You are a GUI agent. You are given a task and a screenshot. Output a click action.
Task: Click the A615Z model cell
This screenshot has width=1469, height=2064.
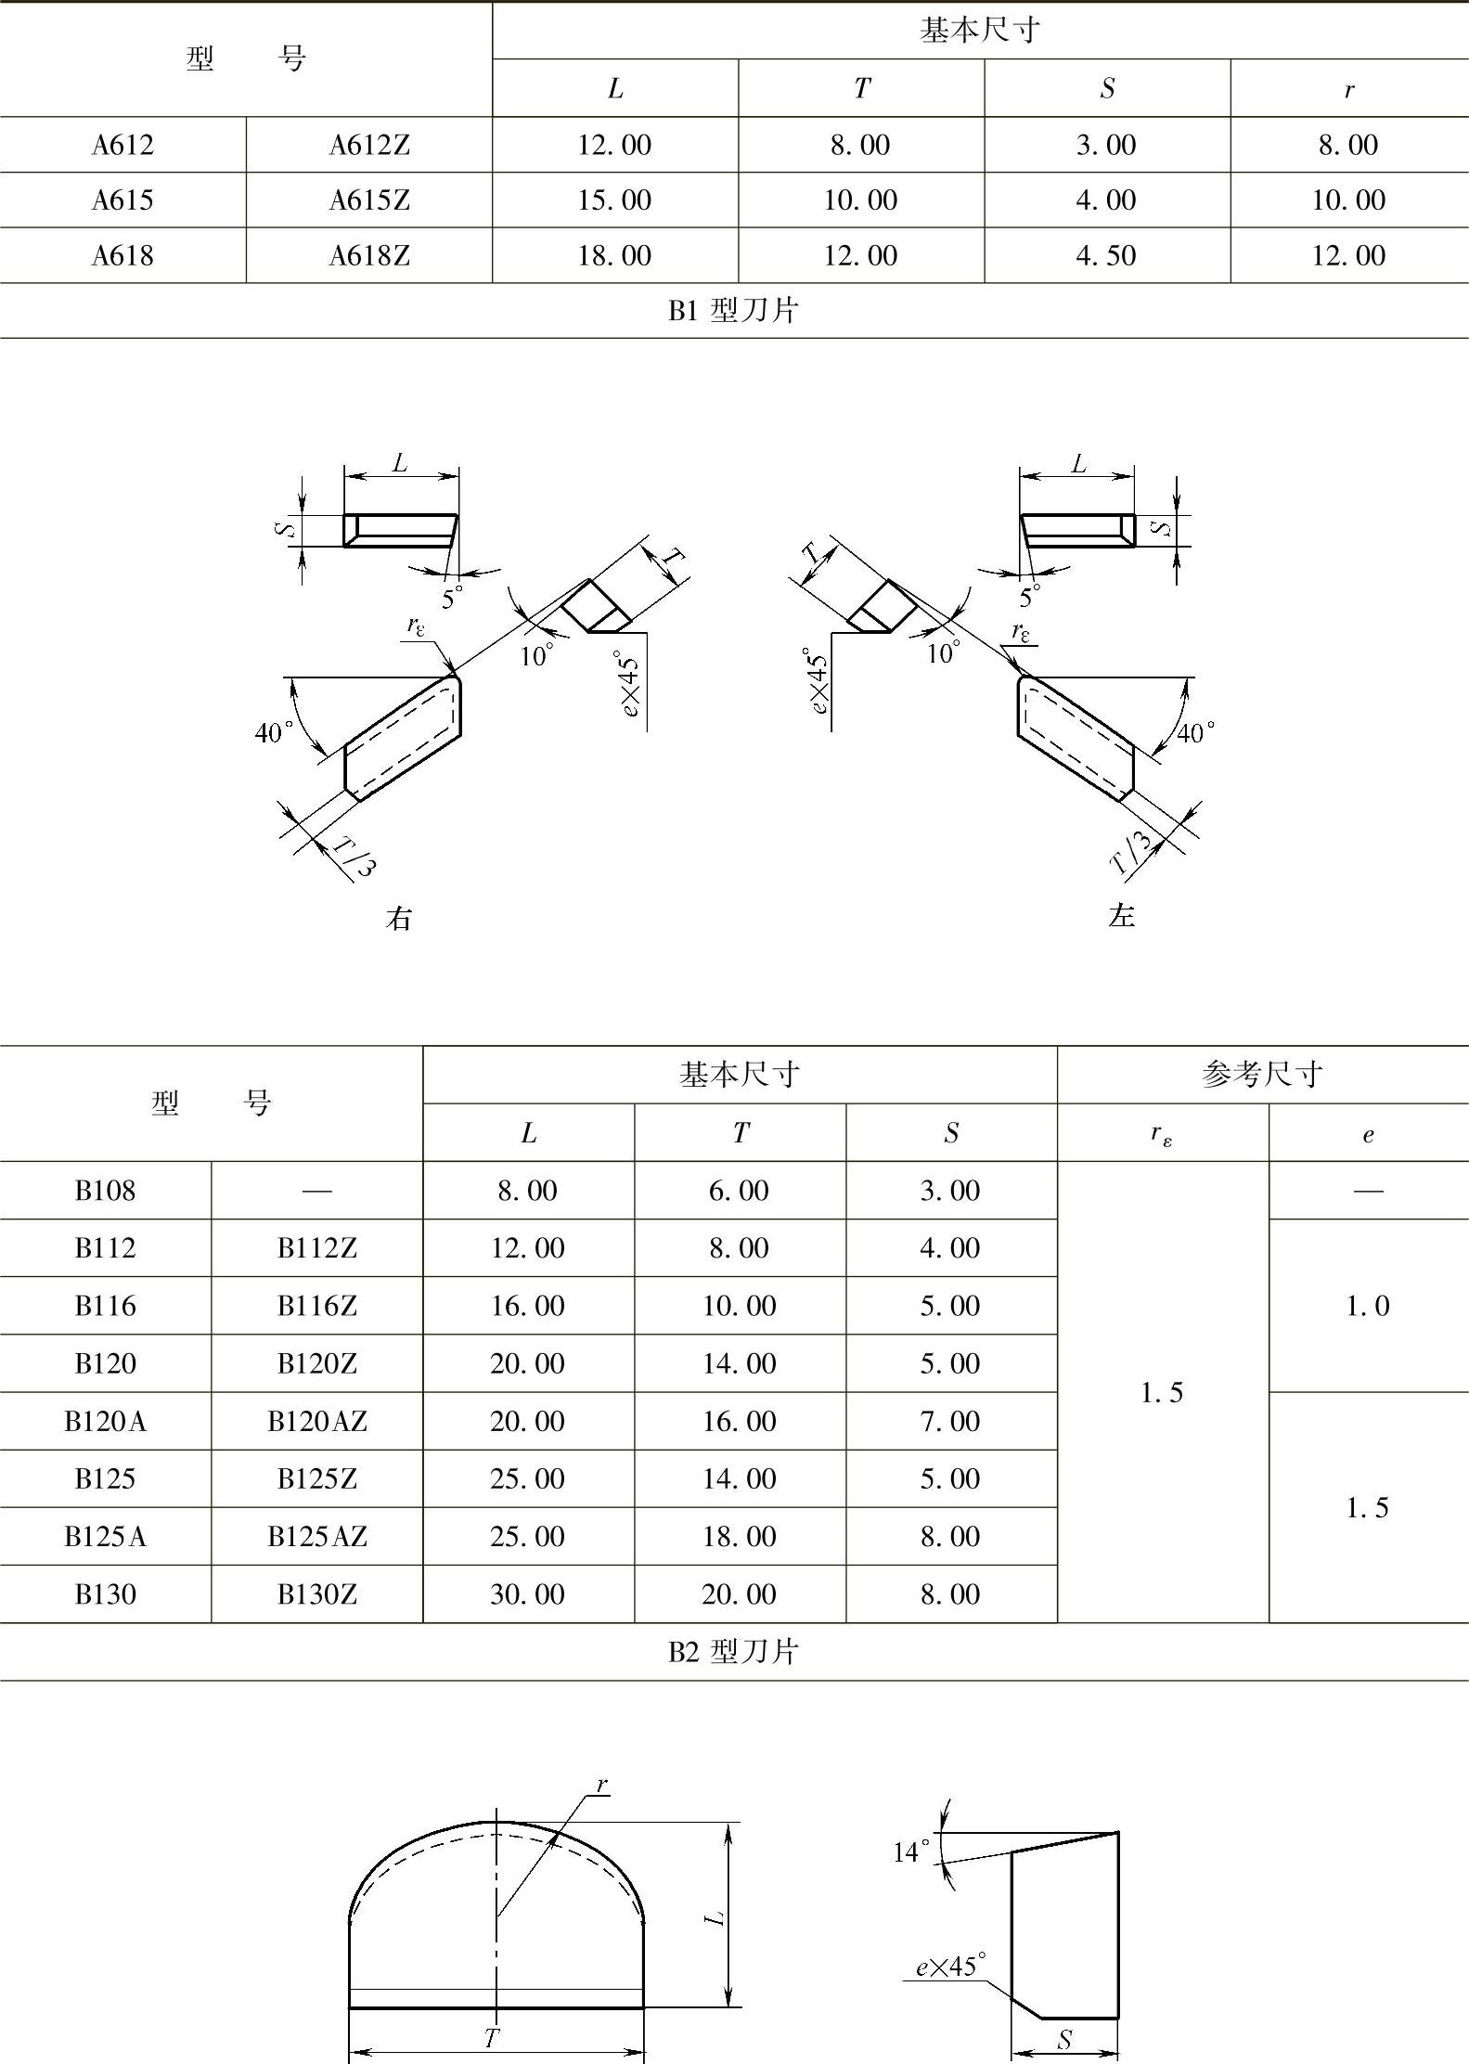click(x=369, y=200)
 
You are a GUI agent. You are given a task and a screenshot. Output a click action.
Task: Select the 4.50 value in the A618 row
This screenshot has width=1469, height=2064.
click(x=1106, y=256)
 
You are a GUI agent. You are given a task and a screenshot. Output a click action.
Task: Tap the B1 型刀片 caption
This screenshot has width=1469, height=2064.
click(x=733, y=311)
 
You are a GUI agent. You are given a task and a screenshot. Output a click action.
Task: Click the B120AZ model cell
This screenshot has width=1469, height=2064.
click(x=317, y=1421)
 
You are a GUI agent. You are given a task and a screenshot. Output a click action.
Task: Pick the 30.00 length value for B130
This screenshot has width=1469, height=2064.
click(x=527, y=1594)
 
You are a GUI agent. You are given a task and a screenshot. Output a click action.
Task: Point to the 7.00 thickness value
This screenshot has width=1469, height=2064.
click(x=950, y=1421)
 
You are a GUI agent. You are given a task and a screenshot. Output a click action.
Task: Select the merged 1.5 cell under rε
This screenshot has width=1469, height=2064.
click(x=1162, y=1392)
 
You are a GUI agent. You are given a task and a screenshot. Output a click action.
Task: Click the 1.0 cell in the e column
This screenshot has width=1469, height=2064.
click(x=1368, y=1306)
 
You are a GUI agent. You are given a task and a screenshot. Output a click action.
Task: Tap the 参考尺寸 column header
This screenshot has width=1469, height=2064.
click(x=1262, y=1075)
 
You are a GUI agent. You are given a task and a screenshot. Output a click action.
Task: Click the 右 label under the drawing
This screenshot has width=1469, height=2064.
click(x=399, y=919)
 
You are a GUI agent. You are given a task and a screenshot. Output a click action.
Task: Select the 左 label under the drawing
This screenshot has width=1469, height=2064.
click(x=1122, y=917)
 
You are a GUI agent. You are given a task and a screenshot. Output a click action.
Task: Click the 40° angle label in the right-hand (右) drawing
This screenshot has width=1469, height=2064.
click(x=274, y=733)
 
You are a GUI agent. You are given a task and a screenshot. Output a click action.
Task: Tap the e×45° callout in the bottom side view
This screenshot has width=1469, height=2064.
click(x=950, y=1967)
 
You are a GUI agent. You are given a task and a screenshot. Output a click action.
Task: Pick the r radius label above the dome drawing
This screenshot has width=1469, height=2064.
click(x=601, y=1784)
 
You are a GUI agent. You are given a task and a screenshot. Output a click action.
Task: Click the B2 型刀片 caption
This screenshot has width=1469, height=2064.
click(x=733, y=1652)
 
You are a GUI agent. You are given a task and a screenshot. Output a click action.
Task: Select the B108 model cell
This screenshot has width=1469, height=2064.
click(x=105, y=1191)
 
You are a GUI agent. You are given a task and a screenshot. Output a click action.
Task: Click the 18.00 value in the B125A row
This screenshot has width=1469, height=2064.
click(x=739, y=1537)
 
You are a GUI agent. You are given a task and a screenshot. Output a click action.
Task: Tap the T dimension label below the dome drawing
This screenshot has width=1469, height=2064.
click(x=492, y=2038)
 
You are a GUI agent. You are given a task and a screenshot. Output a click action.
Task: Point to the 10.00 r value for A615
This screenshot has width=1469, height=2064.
click(x=1348, y=200)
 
